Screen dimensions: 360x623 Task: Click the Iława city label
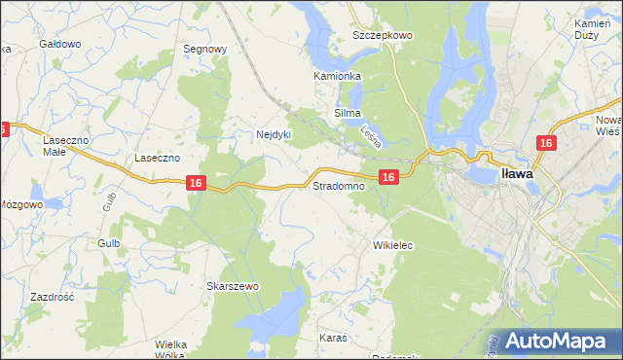(x=516, y=174)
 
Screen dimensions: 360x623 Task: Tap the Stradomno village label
(x=338, y=185)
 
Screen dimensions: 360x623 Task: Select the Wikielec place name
(x=393, y=246)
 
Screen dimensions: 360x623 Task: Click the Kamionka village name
(x=337, y=76)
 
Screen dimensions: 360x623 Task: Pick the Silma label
(x=348, y=114)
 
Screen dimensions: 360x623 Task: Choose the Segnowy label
(x=205, y=49)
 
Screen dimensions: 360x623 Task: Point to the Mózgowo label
(x=20, y=205)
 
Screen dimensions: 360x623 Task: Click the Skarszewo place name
(x=232, y=286)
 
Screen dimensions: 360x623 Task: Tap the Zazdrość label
(x=53, y=297)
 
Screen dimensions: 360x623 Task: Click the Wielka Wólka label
(x=169, y=349)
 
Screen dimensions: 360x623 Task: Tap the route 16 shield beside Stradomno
(x=388, y=176)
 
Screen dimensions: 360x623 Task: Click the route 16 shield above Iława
(x=545, y=143)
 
